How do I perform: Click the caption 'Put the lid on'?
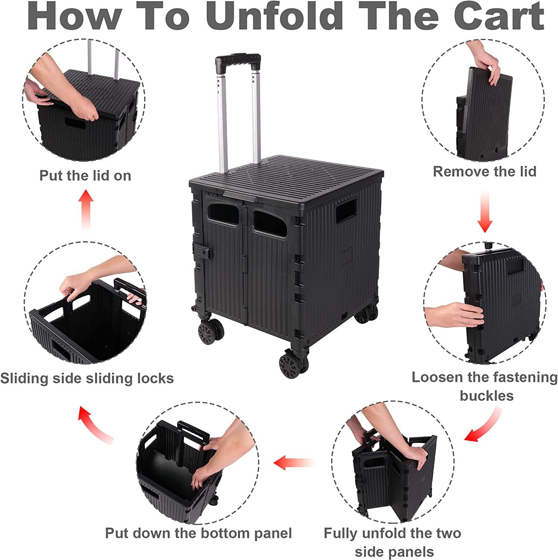coord(85,175)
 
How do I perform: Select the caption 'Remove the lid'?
coord(484,171)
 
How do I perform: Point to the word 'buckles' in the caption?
coord(487,396)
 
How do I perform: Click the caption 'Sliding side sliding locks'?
coord(87,378)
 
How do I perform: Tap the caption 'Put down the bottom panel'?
coord(198,533)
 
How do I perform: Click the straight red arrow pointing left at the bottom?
coord(293,463)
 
